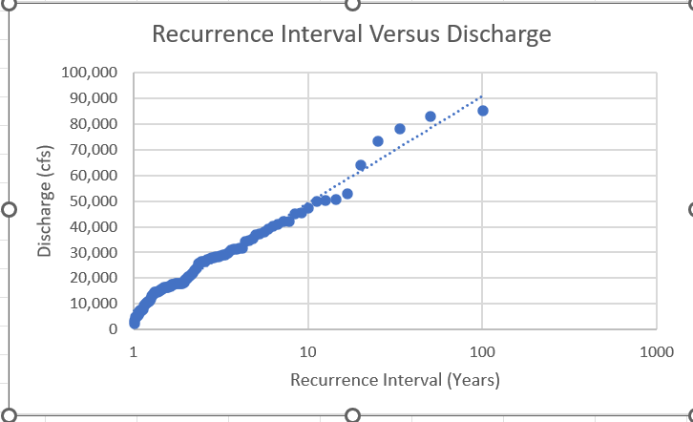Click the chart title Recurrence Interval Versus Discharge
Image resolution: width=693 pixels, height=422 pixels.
pos(351,35)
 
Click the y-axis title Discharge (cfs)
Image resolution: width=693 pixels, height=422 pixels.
pos(44,200)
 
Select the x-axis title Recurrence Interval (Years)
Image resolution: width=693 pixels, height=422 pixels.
pos(394,380)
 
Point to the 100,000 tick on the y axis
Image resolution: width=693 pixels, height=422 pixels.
pos(89,73)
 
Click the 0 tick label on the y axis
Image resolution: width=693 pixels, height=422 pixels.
pos(113,329)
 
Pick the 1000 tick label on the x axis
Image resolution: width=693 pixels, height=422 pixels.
pos(656,352)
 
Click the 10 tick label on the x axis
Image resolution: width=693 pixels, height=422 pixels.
pos(308,352)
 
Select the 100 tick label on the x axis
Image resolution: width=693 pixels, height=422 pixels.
pos(482,352)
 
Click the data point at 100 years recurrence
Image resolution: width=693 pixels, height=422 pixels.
pos(483,111)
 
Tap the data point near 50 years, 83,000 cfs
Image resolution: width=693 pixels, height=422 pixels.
pos(430,116)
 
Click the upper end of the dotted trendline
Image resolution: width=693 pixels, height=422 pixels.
pos(482,96)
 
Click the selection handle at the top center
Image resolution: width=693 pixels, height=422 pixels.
pos(351,4)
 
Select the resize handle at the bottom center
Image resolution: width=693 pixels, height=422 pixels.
pos(351,415)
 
